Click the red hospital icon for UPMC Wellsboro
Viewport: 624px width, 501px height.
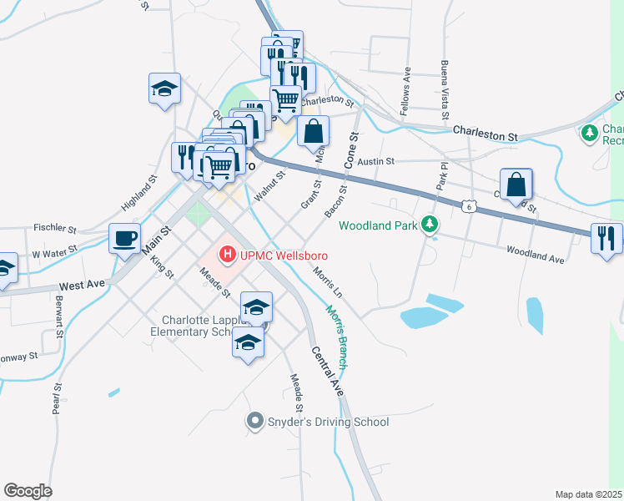[x=225, y=253]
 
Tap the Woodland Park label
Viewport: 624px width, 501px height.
[x=380, y=225]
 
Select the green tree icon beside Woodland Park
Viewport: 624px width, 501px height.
[x=430, y=224]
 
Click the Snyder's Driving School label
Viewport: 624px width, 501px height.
[x=328, y=422]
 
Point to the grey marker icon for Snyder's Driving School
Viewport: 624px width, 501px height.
[x=254, y=422]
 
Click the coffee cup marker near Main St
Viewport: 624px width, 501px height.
[x=125, y=239]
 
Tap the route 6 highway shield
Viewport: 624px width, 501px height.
[x=470, y=205]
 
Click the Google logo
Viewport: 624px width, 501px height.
[x=28, y=490]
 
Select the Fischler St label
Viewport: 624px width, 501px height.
[x=55, y=228]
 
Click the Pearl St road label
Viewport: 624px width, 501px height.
[x=57, y=400]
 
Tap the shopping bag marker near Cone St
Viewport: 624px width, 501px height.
[x=313, y=131]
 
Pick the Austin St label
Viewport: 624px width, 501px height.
[x=375, y=160]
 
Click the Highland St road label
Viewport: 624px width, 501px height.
[x=138, y=192]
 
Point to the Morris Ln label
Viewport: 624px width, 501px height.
[x=328, y=282]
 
